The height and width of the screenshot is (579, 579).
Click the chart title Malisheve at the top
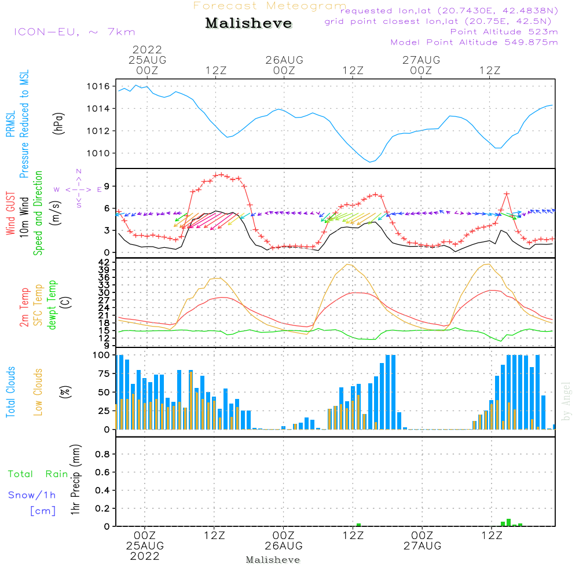[248, 24]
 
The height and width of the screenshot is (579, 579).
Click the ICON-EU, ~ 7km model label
[74, 32]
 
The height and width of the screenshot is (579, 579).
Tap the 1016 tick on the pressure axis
[99, 86]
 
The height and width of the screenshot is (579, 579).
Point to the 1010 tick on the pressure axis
[99, 153]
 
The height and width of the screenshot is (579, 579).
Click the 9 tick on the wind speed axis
[106, 186]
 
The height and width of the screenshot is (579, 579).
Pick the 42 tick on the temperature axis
[105, 262]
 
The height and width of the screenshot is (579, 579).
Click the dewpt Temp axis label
[52, 305]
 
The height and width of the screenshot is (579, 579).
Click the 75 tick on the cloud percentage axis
[102, 374]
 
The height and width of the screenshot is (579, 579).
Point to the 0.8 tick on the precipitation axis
[102, 455]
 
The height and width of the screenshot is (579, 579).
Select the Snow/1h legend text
[32, 496]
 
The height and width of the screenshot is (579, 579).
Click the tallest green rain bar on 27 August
[508, 522]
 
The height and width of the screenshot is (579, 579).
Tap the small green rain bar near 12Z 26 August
[358, 525]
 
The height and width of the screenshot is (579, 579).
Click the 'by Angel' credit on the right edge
[567, 401]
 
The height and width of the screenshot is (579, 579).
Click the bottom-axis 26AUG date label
[284, 546]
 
